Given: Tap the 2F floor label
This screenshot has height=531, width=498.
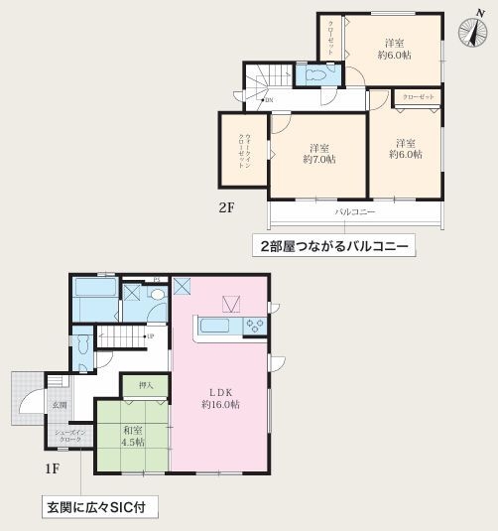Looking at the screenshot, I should [x=226, y=207].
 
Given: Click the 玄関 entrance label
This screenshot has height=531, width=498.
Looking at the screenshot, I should [x=60, y=405].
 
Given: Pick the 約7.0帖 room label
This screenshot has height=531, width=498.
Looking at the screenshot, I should [x=318, y=152].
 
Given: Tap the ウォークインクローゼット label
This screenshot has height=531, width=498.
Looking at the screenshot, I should [x=242, y=151].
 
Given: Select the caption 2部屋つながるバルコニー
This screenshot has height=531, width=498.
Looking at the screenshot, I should [x=335, y=245].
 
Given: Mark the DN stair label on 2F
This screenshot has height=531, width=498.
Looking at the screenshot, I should [x=268, y=99].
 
